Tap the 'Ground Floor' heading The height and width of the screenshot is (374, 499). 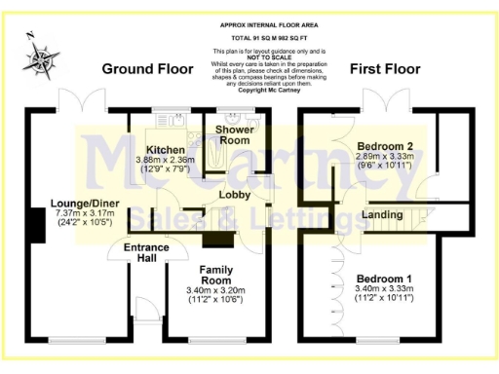click(x=145, y=69)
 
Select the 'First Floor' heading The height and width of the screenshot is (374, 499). click(x=385, y=69)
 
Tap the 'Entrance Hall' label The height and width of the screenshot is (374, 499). click(x=146, y=254)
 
